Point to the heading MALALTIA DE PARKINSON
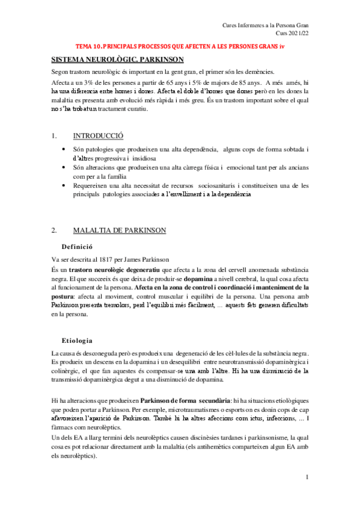120,230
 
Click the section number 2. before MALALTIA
54,230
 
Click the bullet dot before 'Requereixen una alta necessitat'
64,186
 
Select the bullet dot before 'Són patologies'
64,149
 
